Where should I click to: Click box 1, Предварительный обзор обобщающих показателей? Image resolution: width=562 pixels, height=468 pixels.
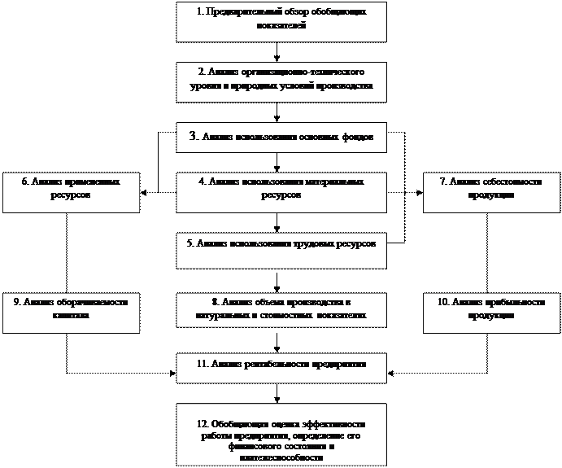click(x=281, y=21)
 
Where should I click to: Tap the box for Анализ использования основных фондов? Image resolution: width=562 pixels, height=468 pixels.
click(x=281, y=136)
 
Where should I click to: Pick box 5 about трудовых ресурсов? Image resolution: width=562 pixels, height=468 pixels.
click(x=281, y=251)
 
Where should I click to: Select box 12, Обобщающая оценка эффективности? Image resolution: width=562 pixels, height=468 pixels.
click(x=281, y=433)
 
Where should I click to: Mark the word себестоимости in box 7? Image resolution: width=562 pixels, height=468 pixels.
click(x=510, y=182)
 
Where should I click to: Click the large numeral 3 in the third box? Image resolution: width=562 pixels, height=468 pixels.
click(x=192, y=136)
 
